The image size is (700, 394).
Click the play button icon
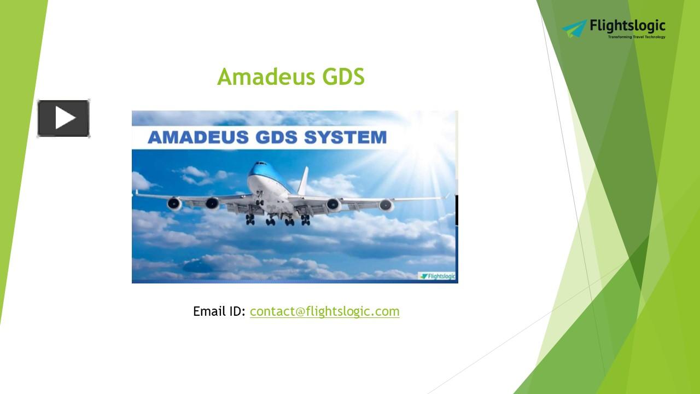coord(63,118)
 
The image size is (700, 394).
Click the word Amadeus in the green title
coord(266,77)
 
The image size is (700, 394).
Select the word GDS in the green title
coord(343,77)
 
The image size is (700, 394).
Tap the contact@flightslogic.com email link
coord(324,311)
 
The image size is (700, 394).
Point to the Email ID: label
coord(219,311)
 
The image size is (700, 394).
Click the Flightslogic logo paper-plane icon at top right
coord(574,28)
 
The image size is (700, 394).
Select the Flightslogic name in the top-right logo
coord(628,26)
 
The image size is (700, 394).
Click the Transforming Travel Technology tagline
coord(637,37)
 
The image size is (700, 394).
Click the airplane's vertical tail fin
coord(302,181)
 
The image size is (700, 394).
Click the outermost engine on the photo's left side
coord(174,204)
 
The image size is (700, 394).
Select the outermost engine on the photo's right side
coord(386,205)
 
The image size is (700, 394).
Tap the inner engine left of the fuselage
coord(212,204)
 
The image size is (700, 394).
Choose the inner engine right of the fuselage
coord(334,205)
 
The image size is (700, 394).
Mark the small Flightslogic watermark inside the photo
coord(437,276)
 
